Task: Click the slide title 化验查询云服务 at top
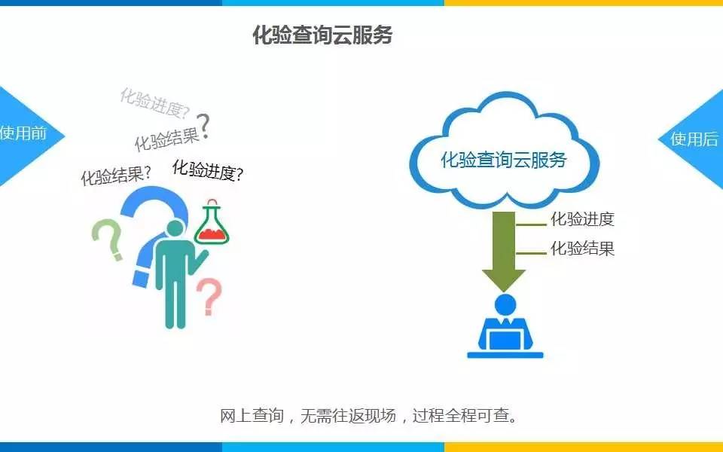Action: (x=322, y=35)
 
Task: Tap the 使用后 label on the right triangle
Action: (x=694, y=139)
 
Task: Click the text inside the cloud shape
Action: (x=503, y=160)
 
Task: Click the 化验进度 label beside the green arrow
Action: (x=582, y=220)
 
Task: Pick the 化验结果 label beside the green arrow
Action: (x=582, y=249)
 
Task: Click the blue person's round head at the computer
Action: (x=505, y=304)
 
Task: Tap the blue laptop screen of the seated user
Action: (x=505, y=337)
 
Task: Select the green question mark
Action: (x=108, y=239)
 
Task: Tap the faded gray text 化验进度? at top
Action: (x=154, y=104)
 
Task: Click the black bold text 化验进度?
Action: (x=207, y=171)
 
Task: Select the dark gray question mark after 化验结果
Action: (x=203, y=125)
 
